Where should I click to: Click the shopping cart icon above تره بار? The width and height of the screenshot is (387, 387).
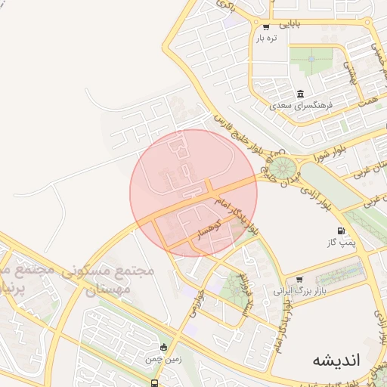pos(265,27)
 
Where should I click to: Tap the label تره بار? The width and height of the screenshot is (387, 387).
pos(266,38)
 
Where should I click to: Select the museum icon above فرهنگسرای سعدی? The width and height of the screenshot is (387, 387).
pos(301,94)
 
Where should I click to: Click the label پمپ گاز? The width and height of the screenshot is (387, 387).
pos(341,242)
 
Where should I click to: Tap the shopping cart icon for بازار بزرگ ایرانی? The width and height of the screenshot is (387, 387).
pos(300,280)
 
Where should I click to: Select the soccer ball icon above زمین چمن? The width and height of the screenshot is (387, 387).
pos(164,348)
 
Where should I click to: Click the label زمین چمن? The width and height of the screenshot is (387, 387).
pos(164,360)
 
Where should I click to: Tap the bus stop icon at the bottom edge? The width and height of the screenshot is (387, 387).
pos(154,382)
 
